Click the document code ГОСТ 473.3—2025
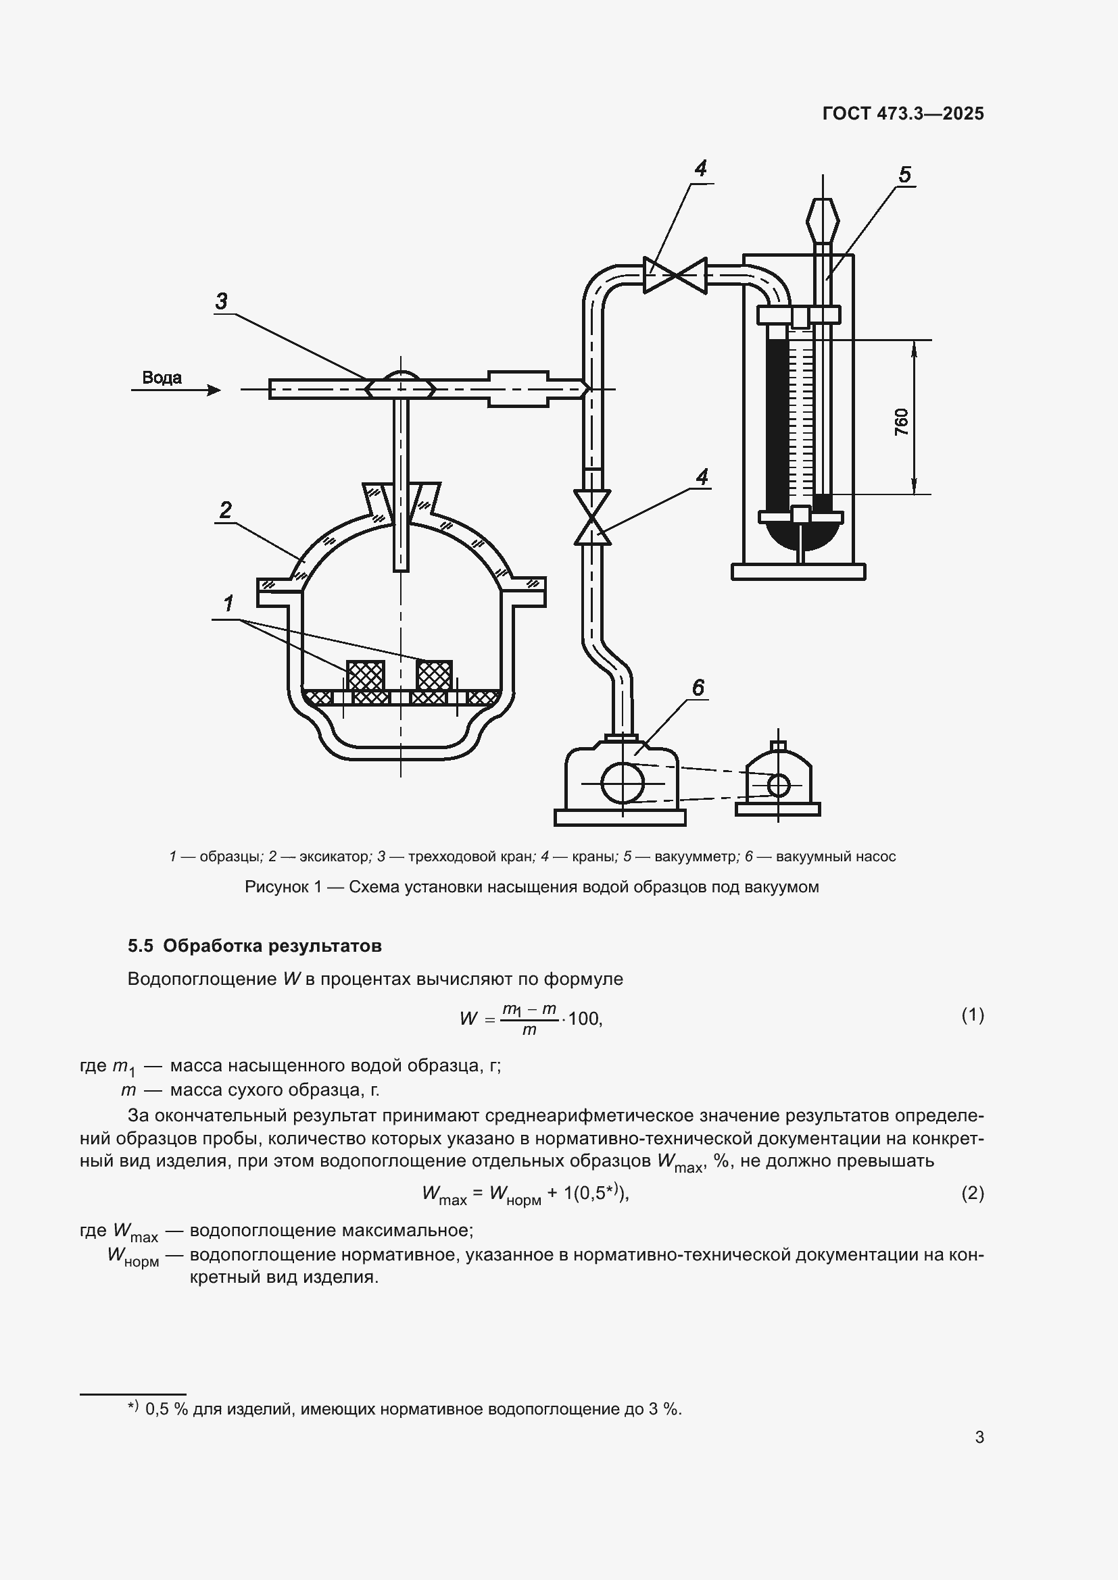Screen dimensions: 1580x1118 pos(902,113)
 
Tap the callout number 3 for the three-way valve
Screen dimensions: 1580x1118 pos(221,301)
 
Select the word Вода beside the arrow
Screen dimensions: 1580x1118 pos(162,377)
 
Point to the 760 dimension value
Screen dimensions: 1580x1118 pos(901,421)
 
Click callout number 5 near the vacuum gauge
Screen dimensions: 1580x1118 pos(904,175)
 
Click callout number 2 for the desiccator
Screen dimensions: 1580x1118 pos(225,510)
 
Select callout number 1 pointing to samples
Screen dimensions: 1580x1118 pos(228,603)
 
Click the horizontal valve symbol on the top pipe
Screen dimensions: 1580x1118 pos(675,275)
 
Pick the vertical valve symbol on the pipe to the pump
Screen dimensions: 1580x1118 pos(593,517)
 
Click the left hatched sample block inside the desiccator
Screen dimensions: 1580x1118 pos(365,675)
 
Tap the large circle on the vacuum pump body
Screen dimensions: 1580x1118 pos(623,782)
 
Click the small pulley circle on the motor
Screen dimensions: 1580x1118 pos(779,784)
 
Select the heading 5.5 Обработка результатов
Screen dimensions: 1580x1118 pos(255,946)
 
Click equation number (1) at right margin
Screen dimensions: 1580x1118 pos(972,1015)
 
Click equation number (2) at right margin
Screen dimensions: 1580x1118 pos(972,1192)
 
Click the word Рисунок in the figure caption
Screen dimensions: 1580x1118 pos(276,887)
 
